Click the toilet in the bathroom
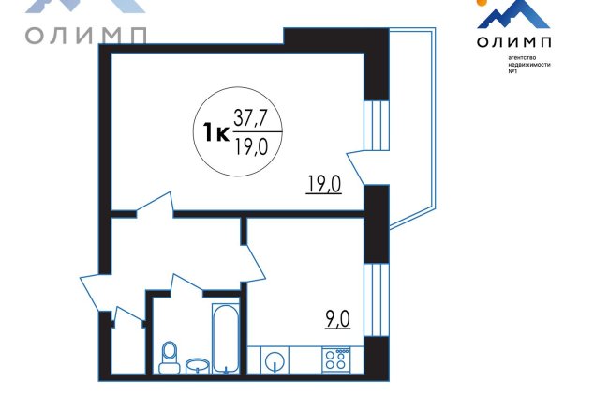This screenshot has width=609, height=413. pyautogui.click(x=169, y=358)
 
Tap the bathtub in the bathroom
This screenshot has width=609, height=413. pyautogui.click(x=225, y=338)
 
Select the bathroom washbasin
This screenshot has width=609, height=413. pyautogui.click(x=198, y=366)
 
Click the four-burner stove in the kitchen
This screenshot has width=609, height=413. pyautogui.click(x=336, y=359)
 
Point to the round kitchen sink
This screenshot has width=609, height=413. pyautogui.click(x=275, y=361)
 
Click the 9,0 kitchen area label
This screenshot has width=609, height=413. pyautogui.click(x=338, y=320)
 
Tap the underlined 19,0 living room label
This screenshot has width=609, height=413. pyautogui.click(x=324, y=184)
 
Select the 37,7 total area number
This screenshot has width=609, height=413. pyautogui.click(x=250, y=117)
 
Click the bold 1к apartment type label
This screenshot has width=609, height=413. pyautogui.click(x=215, y=132)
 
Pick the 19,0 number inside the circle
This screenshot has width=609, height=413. pyautogui.click(x=251, y=146)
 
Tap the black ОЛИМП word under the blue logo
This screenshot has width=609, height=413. pyautogui.click(x=513, y=41)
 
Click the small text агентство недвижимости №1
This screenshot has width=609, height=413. pyautogui.click(x=529, y=65)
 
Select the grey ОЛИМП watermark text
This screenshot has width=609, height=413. pyautogui.click(x=86, y=36)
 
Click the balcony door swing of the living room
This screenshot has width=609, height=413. pyautogui.click(x=355, y=167)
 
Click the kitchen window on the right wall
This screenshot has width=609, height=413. pyautogui.click(x=377, y=299)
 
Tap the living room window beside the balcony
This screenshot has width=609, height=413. pyautogui.click(x=377, y=126)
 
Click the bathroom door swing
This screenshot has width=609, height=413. pyautogui.click(x=186, y=283)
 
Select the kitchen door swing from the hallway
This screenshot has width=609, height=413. pyautogui.click(x=253, y=263)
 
